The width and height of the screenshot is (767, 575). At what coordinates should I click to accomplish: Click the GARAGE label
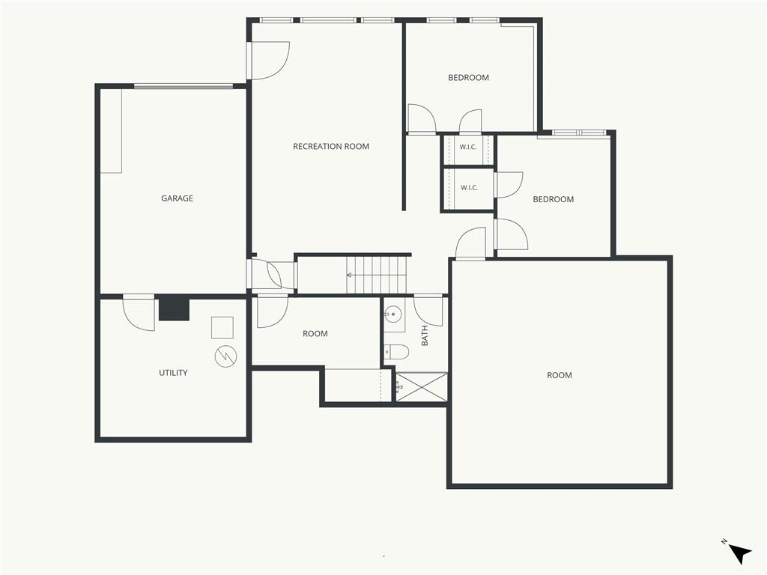click(x=177, y=198)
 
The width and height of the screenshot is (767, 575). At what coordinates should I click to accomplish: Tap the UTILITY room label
click(x=173, y=373)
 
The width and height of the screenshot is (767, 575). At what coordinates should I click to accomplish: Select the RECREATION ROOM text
click(x=331, y=146)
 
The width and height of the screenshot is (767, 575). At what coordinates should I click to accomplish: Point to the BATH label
click(x=425, y=335)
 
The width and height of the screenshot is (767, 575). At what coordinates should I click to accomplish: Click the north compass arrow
click(x=739, y=553)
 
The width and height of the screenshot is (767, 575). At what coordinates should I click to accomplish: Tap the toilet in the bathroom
click(x=396, y=352)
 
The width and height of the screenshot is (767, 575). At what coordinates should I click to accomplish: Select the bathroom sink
click(x=392, y=314)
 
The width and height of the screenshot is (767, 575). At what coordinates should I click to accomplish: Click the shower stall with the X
click(x=421, y=387)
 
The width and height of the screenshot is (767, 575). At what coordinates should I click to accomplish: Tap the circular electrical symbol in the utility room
click(x=225, y=356)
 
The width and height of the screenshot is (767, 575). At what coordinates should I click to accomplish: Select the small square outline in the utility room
click(x=222, y=328)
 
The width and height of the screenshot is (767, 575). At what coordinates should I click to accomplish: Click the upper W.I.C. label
click(x=468, y=147)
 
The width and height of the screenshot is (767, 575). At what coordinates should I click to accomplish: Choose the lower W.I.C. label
click(x=469, y=188)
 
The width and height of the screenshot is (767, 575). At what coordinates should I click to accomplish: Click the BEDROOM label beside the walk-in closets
click(x=554, y=199)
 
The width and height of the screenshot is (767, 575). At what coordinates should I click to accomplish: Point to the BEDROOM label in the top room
click(x=469, y=77)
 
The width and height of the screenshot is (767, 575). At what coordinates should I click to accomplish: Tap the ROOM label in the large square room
click(x=559, y=375)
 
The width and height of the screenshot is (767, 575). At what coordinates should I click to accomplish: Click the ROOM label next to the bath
click(x=315, y=333)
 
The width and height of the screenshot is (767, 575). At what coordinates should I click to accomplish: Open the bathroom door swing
click(x=428, y=310)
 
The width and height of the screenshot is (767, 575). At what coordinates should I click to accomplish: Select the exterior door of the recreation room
click(x=268, y=60)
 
